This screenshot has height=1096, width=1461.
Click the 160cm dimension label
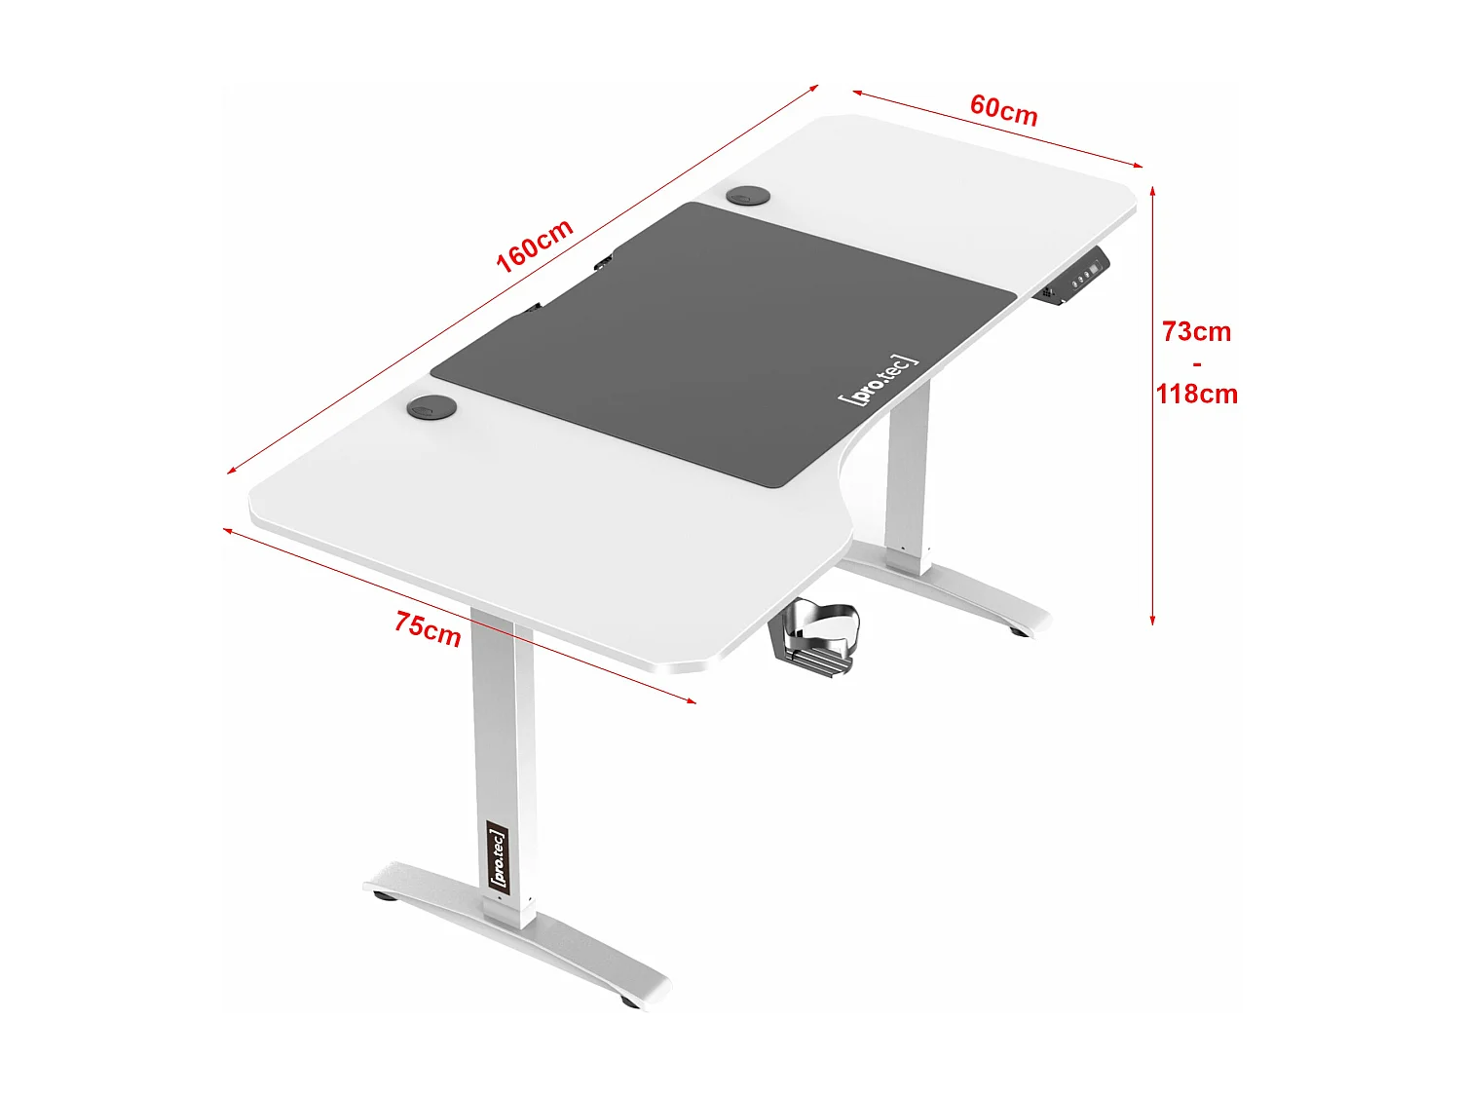point(534,246)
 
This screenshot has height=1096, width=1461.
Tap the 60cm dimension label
point(1003,110)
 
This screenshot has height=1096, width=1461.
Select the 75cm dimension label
point(428,627)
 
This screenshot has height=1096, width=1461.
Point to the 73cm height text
point(1196,332)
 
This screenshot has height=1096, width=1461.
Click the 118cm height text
point(1196,395)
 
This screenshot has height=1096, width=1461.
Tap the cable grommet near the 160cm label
point(747,197)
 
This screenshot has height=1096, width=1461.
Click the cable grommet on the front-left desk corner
point(431,407)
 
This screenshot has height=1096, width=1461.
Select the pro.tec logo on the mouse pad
point(877,379)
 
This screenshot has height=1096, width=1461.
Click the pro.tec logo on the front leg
point(497,856)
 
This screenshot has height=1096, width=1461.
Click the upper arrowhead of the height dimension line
point(1152,189)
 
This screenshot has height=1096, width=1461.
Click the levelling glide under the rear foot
point(1018,632)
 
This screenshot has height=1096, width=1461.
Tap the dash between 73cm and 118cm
point(1196,363)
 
